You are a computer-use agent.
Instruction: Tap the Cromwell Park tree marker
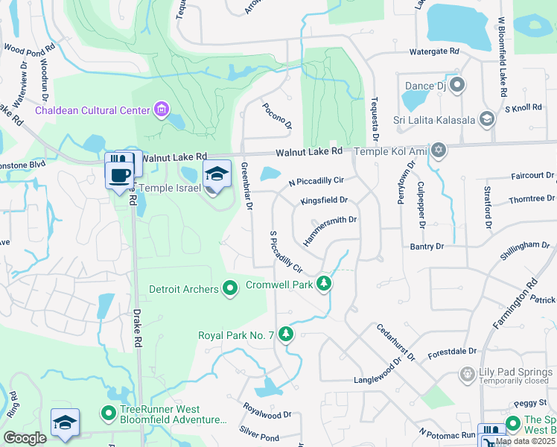pyautogui.click(x=323, y=283)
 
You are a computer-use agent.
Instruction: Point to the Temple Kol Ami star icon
pyautogui.click(x=439, y=151)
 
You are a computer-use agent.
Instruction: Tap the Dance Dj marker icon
pyautogui.click(x=456, y=85)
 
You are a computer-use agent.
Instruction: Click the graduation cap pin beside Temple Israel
pyautogui.click(x=216, y=175)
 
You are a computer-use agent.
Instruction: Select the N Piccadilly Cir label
pyautogui.click(x=316, y=181)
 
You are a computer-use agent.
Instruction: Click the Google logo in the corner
pyautogui.click(x=25, y=438)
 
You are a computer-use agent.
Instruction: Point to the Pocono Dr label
pyautogui.click(x=276, y=115)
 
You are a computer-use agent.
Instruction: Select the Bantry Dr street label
pyautogui.click(x=427, y=246)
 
